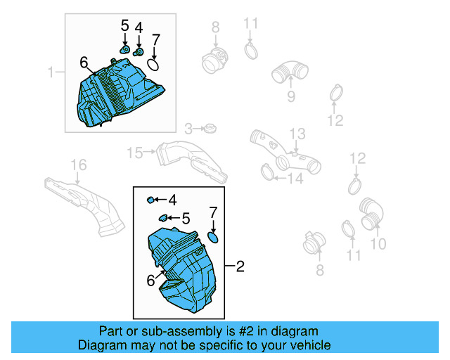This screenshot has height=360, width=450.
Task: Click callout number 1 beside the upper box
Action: (51, 72)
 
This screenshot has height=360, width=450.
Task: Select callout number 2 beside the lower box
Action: (240, 266)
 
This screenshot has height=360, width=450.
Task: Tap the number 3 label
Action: (188, 129)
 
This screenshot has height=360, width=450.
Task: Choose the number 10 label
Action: (378, 244)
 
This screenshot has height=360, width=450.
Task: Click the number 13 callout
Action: (298, 134)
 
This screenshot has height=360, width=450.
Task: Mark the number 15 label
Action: (134, 152)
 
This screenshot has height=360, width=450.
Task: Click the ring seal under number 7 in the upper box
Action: (154, 65)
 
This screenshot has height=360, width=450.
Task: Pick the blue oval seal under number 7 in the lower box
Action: (213, 238)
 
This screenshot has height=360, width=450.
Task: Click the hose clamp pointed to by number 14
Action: (267, 171)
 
